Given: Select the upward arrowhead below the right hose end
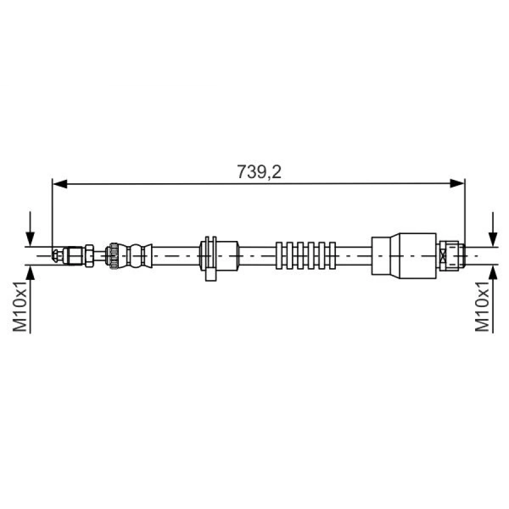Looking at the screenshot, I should tap(494, 273).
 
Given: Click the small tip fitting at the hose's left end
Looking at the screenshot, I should tap(56, 256).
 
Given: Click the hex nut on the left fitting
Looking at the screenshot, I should tap(89, 255).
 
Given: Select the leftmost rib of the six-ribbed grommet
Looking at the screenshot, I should tap(279, 255).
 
